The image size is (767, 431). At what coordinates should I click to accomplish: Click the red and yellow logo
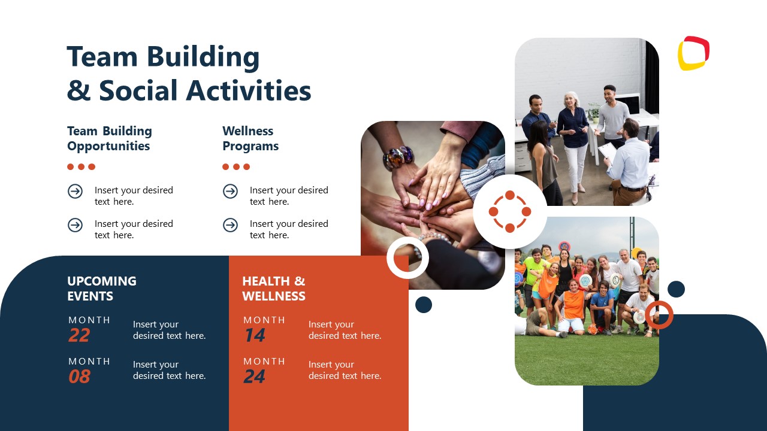(x=693, y=53)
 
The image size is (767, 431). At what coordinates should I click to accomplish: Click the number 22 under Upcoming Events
(x=79, y=336)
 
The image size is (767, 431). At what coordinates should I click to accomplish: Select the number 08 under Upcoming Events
(x=79, y=377)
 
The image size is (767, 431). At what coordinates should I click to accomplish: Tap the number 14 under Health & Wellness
(x=255, y=336)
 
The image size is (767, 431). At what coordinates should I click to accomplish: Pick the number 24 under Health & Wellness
(x=255, y=377)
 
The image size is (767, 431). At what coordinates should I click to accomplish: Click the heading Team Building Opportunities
(x=109, y=138)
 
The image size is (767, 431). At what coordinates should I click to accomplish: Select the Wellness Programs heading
(x=250, y=138)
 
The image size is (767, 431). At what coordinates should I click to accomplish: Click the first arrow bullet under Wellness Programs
(x=230, y=191)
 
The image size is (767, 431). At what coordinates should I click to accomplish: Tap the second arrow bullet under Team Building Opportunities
(x=75, y=224)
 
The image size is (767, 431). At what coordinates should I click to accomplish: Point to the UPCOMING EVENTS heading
(x=101, y=288)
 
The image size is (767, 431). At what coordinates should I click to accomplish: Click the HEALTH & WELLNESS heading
(x=273, y=288)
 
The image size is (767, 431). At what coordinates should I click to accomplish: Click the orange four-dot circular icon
(x=510, y=211)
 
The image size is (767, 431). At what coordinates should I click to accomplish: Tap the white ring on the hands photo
(x=407, y=258)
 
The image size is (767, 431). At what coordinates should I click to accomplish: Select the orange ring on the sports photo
(x=659, y=315)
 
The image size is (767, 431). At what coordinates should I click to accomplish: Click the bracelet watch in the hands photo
(x=399, y=157)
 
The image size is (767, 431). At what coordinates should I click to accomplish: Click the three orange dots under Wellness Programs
(x=236, y=167)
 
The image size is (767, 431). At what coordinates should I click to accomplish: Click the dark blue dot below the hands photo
(x=424, y=305)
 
